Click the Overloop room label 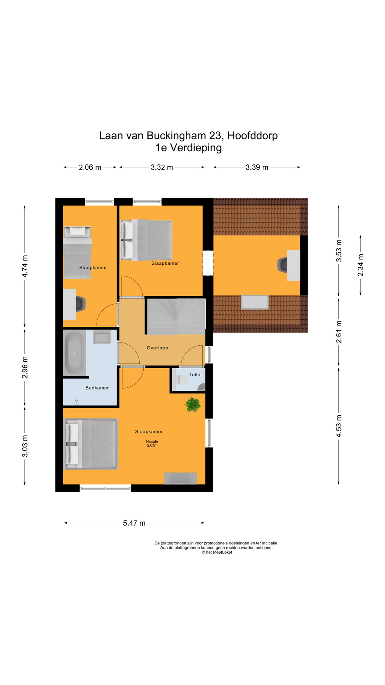(x=157, y=348)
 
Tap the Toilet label (x=195, y=375)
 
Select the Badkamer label (x=97, y=388)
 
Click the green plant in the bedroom (x=192, y=405)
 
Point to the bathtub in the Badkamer (x=74, y=353)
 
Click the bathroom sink (x=102, y=337)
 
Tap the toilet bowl (x=183, y=379)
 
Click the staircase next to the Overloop (x=176, y=316)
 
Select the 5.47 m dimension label (x=134, y=523)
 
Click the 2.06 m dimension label (x=90, y=167)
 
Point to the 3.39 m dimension (x=257, y=167)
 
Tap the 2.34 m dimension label (x=360, y=265)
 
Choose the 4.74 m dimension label (x=25, y=267)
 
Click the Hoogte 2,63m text (x=152, y=443)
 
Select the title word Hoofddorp (x=252, y=136)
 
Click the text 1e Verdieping (x=189, y=148)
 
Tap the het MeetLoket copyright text (x=217, y=552)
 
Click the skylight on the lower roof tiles (x=255, y=302)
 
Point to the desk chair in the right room (x=283, y=265)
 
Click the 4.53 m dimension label (x=339, y=426)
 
